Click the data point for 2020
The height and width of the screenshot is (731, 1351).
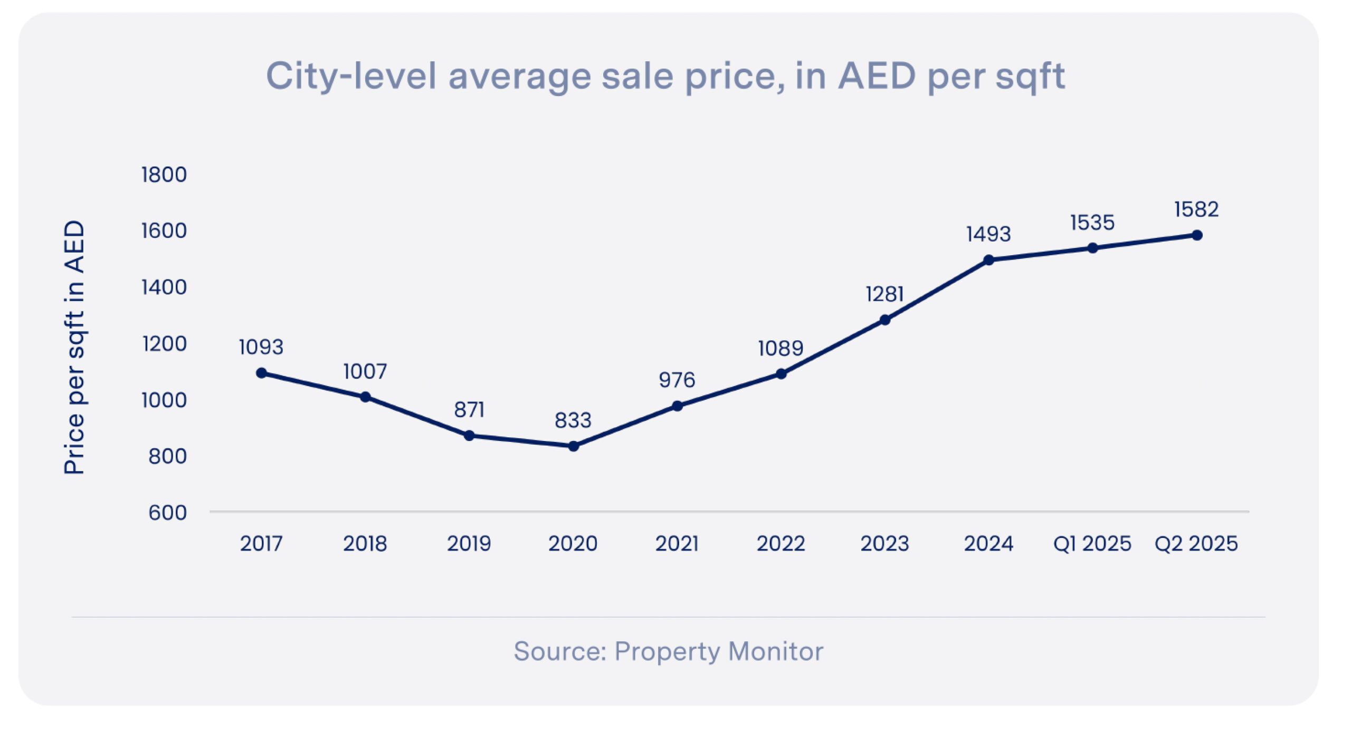click(574, 446)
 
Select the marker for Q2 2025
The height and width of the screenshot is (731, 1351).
click(1197, 235)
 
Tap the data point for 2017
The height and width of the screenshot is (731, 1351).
click(261, 373)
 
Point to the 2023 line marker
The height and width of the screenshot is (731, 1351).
click(885, 320)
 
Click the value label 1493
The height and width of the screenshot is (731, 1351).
click(988, 234)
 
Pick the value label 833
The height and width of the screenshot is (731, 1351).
click(573, 420)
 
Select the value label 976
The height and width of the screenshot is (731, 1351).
click(677, 380)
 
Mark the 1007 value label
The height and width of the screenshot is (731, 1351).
click(365, 372)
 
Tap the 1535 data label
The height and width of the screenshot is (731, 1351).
click(1092, 223)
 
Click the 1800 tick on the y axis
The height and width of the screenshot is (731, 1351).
click(164, 175)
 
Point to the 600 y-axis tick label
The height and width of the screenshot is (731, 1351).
click(167, 513)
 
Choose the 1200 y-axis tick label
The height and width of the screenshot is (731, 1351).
click(164, 344)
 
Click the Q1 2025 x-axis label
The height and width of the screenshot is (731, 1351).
click(1092, 544)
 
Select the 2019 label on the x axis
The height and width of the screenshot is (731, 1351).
click(469, 544)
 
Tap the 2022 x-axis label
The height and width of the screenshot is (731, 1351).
click(781, 544)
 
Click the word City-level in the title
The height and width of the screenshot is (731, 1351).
click(351, 76)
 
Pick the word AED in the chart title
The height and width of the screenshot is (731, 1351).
click(877, 76)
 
